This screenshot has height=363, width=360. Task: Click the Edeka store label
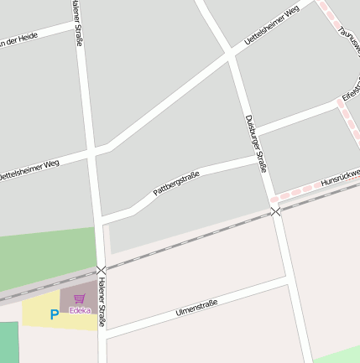coord(80,310)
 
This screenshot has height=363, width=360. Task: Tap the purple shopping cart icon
coord(80,298)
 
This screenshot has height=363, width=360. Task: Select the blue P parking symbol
coord(55,315)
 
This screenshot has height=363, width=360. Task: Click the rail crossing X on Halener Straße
coord(102,270)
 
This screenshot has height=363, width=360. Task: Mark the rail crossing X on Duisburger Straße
coord(276,211)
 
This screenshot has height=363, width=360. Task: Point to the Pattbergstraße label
coord(176,184)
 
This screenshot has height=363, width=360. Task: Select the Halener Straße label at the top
coord(78,21)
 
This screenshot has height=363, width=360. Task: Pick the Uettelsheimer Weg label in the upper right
coord(271,25)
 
